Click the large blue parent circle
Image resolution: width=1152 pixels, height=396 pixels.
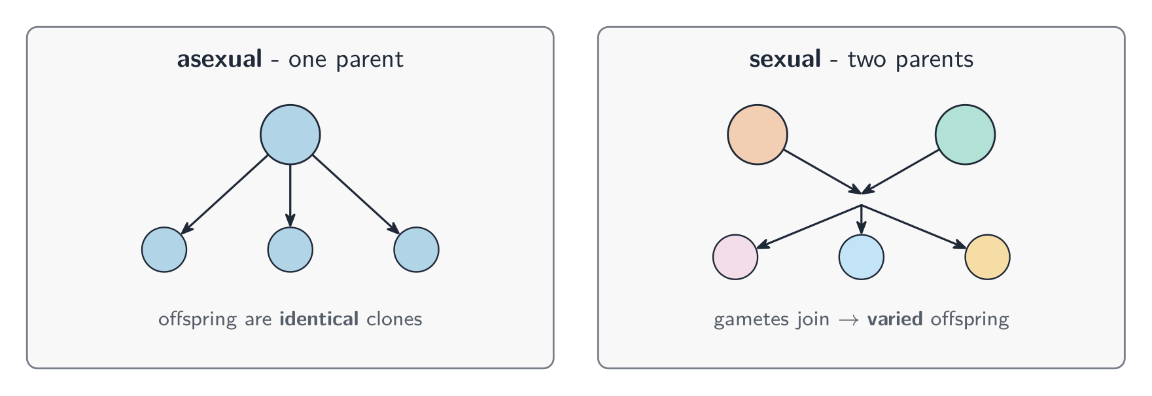tap(290, 134)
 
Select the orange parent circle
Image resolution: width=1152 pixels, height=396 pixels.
tap(758, 134)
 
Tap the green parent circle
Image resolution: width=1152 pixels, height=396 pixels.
tap(965, 134)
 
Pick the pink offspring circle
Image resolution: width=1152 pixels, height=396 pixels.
tap(735, 257)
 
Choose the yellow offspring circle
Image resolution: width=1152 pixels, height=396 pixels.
tap(988, 257)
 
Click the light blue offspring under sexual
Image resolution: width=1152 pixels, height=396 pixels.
tap(862, 257)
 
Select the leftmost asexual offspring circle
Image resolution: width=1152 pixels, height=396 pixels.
tap(164, 249)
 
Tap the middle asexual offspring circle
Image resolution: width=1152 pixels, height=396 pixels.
tap(290, 249)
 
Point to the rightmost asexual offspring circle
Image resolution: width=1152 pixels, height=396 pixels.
tap(416, 249)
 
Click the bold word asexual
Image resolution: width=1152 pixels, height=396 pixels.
tap(220, 60)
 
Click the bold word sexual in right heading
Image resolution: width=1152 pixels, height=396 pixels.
tap(785, 60)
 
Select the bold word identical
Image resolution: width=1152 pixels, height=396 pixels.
tap(319, 319)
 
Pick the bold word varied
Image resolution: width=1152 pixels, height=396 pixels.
tap(895, 319)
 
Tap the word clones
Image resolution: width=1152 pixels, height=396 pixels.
tap(394, 319)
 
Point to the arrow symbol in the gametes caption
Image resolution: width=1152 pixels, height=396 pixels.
tap(848, 320)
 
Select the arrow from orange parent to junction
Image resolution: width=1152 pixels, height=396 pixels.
tap(822, 171)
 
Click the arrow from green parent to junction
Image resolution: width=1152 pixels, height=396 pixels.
tap(901, 171)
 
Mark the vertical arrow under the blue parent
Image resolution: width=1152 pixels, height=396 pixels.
tap(290, 196)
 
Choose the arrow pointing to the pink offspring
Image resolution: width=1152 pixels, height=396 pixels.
tap(809, 226)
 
